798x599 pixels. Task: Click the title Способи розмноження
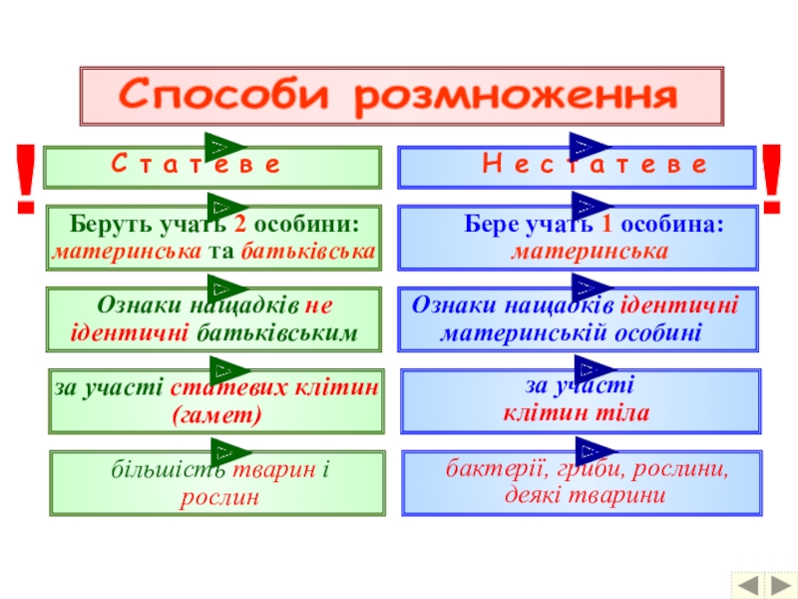coord(399,97)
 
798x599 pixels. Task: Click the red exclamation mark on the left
coord(26,180)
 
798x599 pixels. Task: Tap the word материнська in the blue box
coord(590,252)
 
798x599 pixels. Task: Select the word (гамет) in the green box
coord(216,414)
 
